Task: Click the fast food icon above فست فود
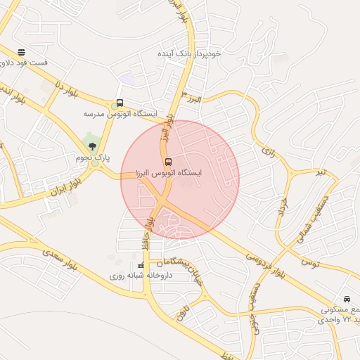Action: [22, 52]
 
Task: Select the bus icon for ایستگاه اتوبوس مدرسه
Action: [120, 103]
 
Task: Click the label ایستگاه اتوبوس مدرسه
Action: [120, 113]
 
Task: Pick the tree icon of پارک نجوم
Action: [93, 146]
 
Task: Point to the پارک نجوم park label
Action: [94, 157]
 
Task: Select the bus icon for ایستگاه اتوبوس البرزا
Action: [167, 161]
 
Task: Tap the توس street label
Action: [309, 262]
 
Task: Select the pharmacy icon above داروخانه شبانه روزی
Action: [141, 266]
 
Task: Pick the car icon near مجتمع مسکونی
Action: [347, 299]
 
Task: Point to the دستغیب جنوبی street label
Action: [256, 302]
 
